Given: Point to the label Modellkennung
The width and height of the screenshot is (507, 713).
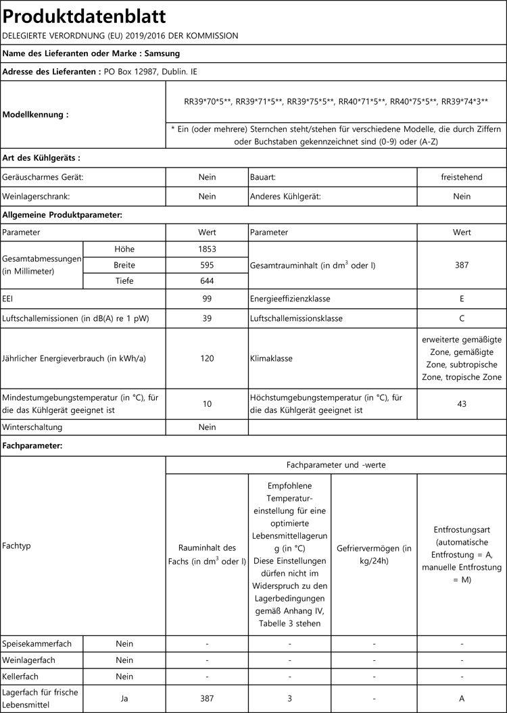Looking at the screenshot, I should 35,115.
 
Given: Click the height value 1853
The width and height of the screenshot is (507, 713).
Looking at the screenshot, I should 207,249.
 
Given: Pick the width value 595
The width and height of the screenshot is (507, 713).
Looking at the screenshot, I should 207,265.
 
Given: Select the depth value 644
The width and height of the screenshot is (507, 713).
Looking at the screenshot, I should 207,281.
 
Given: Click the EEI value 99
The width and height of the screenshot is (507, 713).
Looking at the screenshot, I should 207,298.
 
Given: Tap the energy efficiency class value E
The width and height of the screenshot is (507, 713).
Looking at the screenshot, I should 462,298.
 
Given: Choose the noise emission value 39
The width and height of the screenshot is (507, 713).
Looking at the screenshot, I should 207,318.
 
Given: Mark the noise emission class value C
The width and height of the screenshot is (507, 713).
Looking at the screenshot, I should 462,318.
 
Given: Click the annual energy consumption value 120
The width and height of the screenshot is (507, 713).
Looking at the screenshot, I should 207,358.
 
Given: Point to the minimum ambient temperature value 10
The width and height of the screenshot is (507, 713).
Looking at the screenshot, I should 207,403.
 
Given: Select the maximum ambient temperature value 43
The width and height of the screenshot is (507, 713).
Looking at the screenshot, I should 462,403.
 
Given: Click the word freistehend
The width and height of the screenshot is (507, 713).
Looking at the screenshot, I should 462,177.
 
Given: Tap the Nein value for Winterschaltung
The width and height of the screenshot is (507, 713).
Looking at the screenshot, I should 207,427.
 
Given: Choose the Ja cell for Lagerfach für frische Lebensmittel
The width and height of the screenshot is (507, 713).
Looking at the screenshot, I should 124,698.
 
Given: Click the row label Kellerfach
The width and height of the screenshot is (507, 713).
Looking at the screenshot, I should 22,677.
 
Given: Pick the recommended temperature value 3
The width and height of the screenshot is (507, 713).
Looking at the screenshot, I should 289,698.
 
